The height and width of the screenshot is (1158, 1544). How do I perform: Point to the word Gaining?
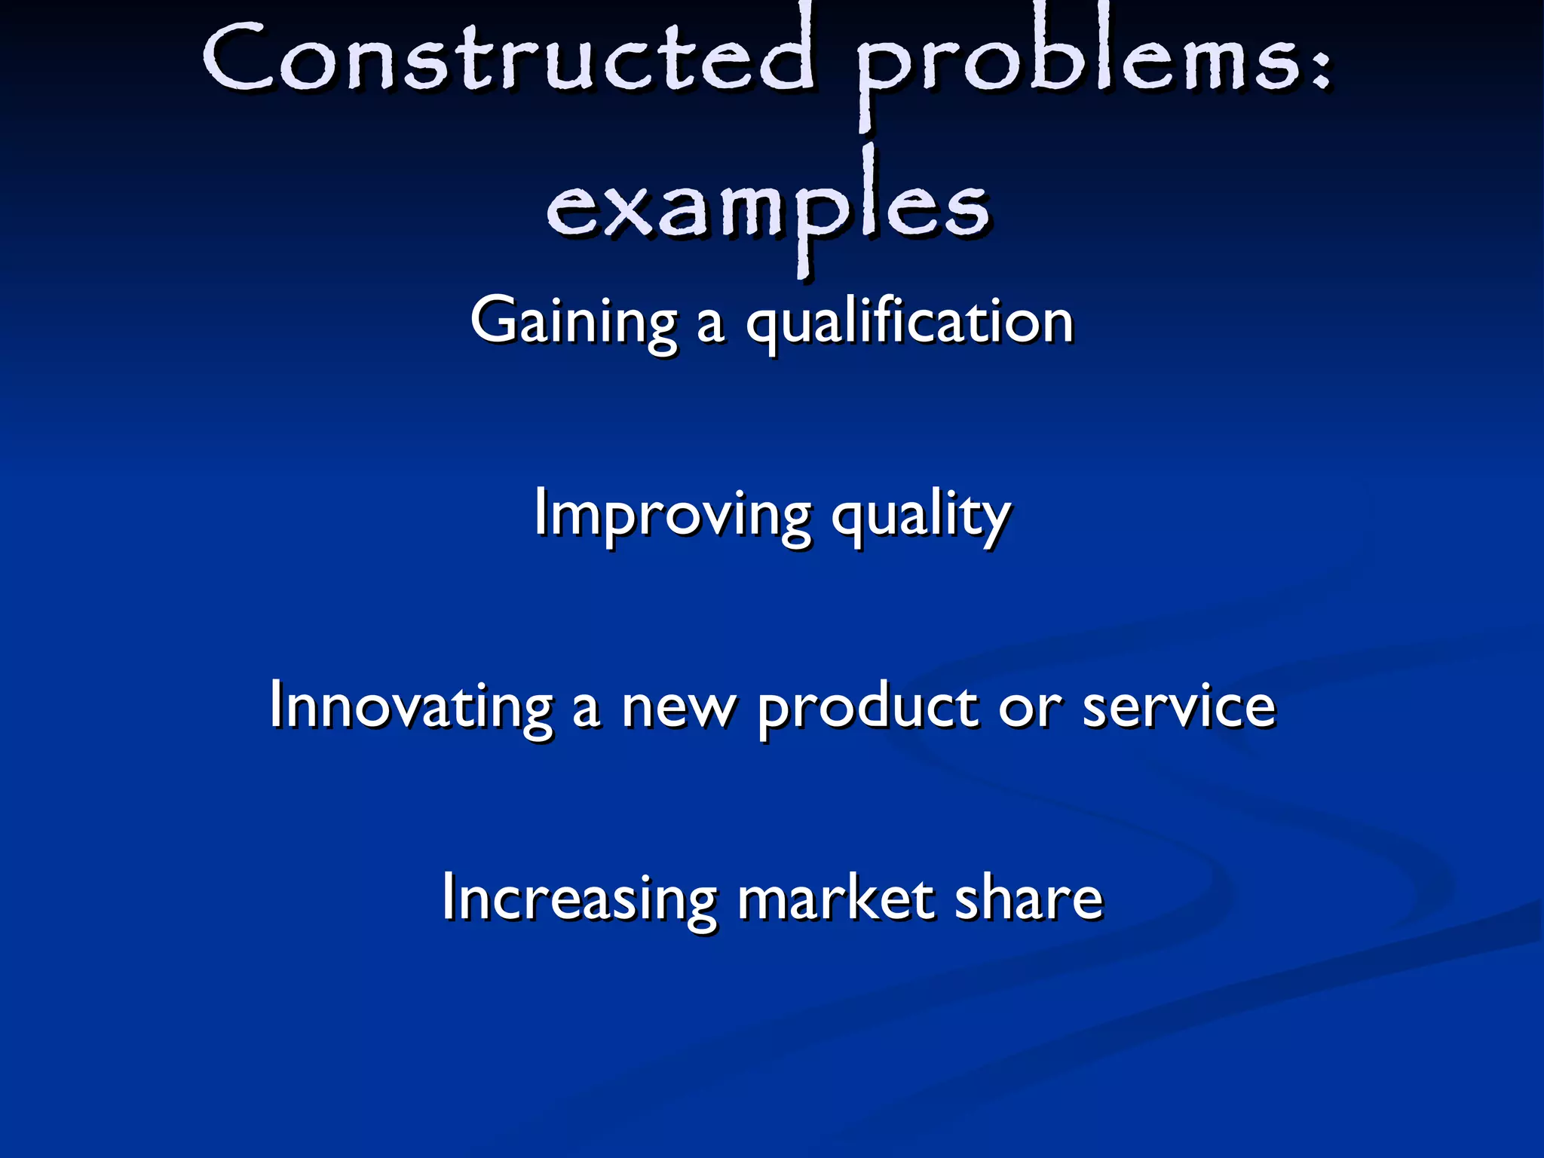[x=574, y=323]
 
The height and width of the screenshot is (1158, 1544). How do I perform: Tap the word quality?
[x=921, y=517]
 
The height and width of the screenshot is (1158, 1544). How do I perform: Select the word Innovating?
[x=412, y=706]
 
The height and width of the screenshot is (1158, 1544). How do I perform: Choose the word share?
[x=1028, y=899]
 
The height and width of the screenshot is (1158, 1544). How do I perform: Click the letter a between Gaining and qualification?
[x=710, y=326]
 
